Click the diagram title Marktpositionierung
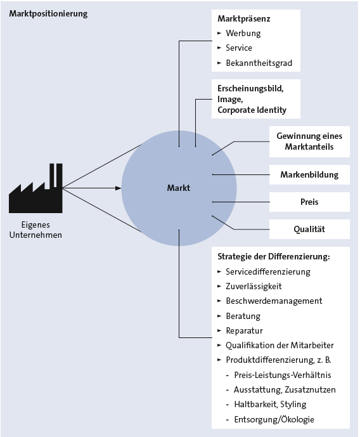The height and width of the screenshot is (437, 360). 48,14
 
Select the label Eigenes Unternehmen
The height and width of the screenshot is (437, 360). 35,230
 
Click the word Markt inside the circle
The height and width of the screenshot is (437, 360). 179,188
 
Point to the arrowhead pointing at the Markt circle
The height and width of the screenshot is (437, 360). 118,188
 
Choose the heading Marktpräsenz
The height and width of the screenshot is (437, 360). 244,18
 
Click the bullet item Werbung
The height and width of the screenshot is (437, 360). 243,33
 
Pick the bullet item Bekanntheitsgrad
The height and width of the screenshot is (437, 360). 259,63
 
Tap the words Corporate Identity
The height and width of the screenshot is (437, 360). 252,110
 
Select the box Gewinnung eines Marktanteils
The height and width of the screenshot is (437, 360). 309,141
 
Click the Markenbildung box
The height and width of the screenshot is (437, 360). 309,175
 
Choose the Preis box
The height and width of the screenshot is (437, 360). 309,202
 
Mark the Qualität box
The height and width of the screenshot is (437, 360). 309,229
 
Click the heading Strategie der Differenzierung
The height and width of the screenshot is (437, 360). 274,256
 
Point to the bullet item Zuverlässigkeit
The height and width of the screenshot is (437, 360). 254,286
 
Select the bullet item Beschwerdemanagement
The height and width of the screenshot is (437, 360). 274,301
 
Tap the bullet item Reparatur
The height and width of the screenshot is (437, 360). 244,330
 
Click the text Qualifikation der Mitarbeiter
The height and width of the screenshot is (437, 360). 280,345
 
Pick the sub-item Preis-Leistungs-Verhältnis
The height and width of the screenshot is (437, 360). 283,375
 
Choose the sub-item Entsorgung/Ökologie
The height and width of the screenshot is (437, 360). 274,419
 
